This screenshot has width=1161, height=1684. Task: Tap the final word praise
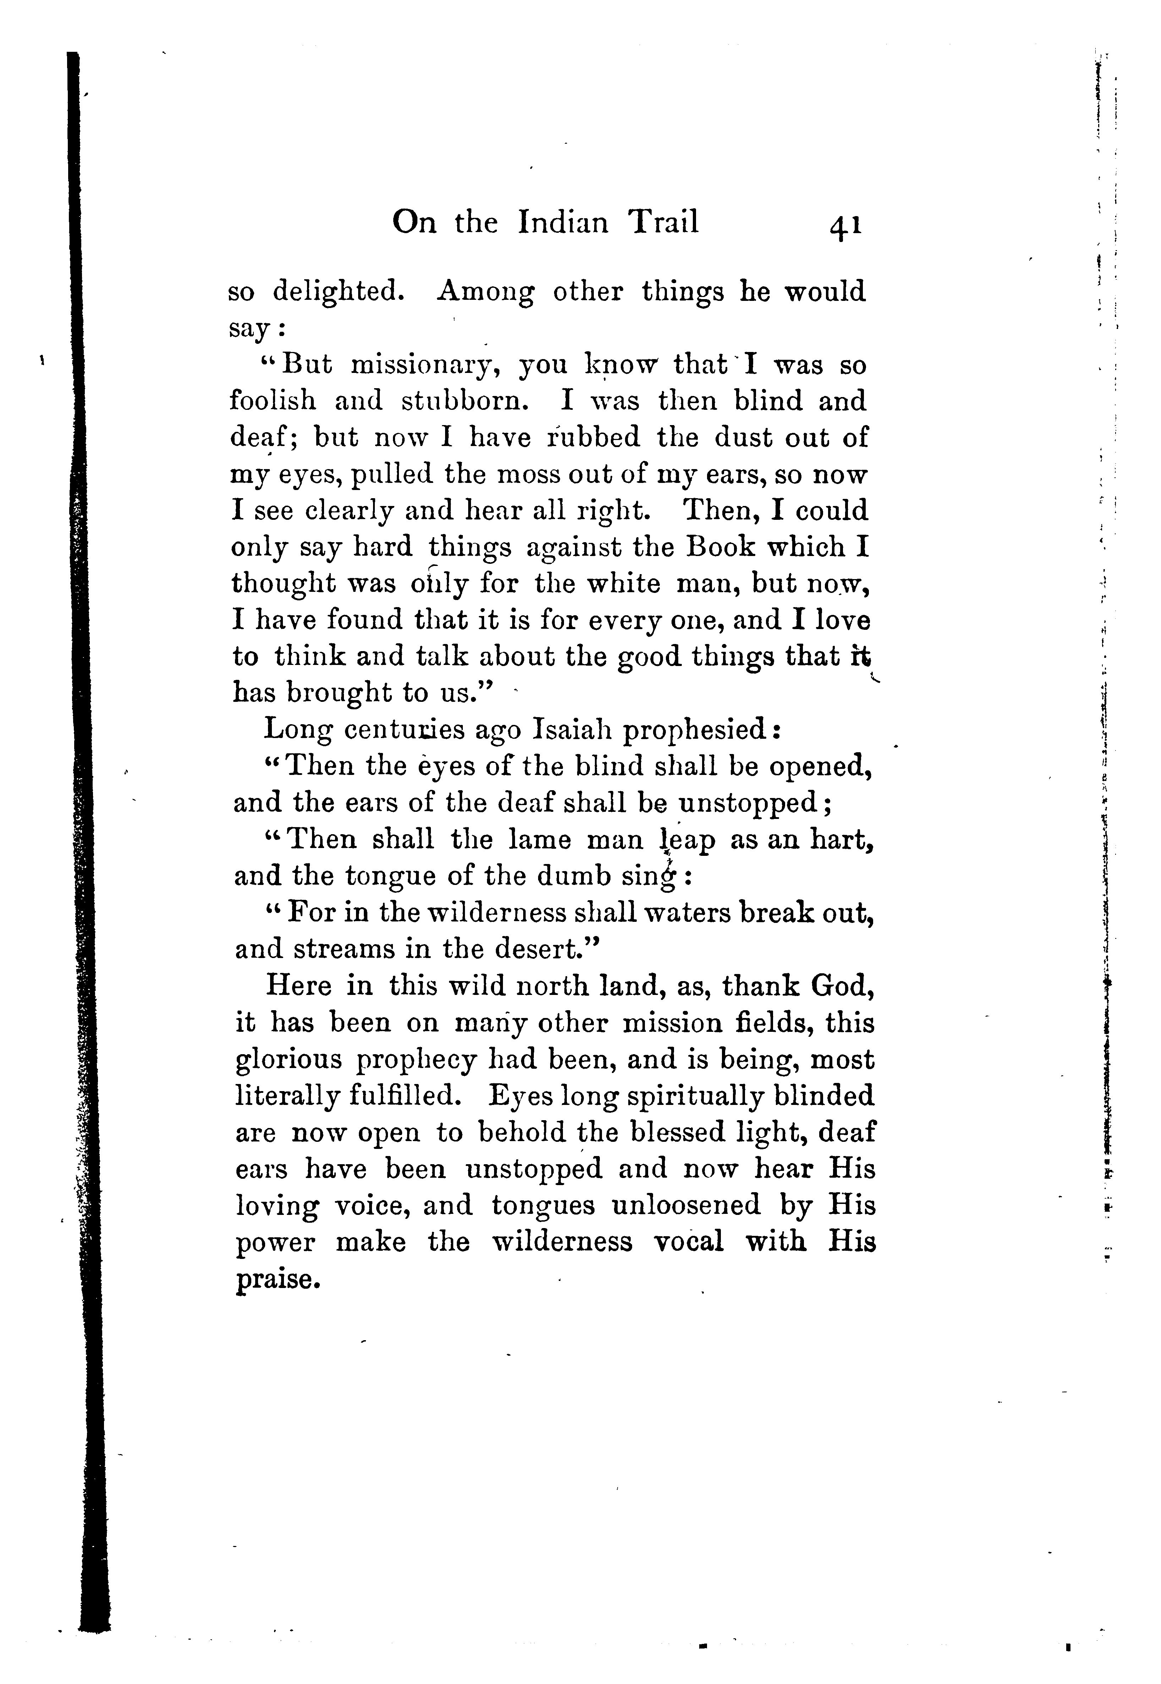click(277, 1280)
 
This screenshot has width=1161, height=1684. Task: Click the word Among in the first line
click(486, 292)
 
